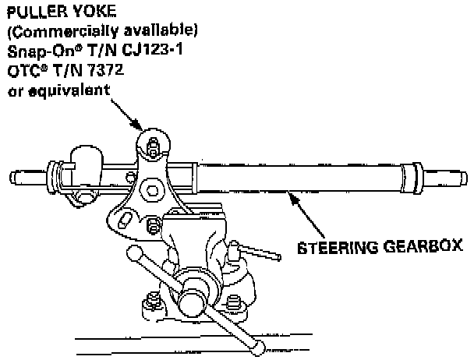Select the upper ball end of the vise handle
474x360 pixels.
pyautogui.click(x=134, y=254)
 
